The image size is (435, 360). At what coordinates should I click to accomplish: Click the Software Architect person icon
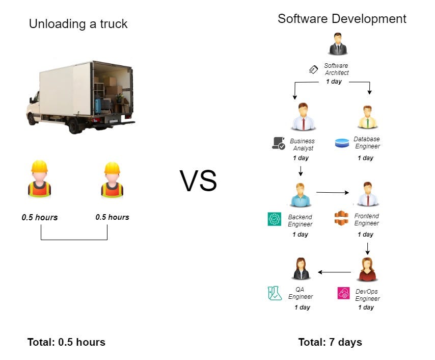338,44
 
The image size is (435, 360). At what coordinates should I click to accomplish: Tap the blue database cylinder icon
342,143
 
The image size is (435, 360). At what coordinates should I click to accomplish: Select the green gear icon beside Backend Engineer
275,219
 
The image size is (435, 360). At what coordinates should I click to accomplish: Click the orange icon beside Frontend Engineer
341,218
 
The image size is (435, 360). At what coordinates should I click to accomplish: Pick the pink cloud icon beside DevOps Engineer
343,293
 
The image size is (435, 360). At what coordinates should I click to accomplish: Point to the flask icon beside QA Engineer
275,293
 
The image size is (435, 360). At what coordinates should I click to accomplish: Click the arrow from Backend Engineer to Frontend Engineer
332,192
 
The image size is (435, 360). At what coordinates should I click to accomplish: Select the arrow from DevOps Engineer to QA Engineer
334,272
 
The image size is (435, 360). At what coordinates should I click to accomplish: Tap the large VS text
198,181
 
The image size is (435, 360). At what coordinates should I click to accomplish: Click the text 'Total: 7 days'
330,342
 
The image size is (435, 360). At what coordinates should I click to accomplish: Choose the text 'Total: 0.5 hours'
66,342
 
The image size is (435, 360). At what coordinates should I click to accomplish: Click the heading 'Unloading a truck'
78,24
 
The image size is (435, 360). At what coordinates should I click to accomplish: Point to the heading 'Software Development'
342,19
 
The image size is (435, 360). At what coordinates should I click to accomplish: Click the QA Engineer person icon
301,269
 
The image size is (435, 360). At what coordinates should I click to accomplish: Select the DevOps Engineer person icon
367,269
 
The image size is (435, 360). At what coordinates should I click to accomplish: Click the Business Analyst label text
303,144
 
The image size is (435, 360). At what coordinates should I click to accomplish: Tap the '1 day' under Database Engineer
365,158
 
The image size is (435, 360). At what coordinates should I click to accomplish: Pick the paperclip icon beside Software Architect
313,69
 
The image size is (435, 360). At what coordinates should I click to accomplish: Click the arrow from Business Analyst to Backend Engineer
301,171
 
